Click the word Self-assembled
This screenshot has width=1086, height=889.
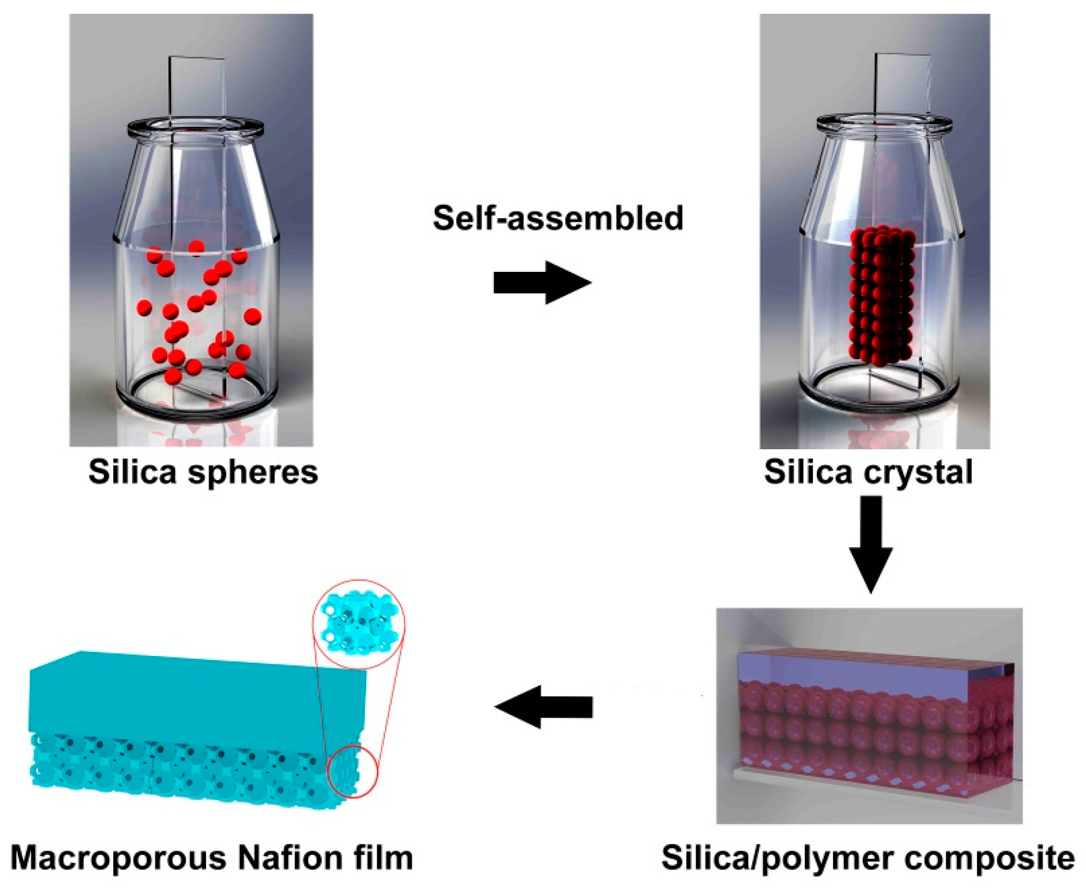click(558, 218)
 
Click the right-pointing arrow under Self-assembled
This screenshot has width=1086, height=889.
click(542, 282)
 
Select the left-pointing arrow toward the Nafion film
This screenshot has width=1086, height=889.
click(543, 707)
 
